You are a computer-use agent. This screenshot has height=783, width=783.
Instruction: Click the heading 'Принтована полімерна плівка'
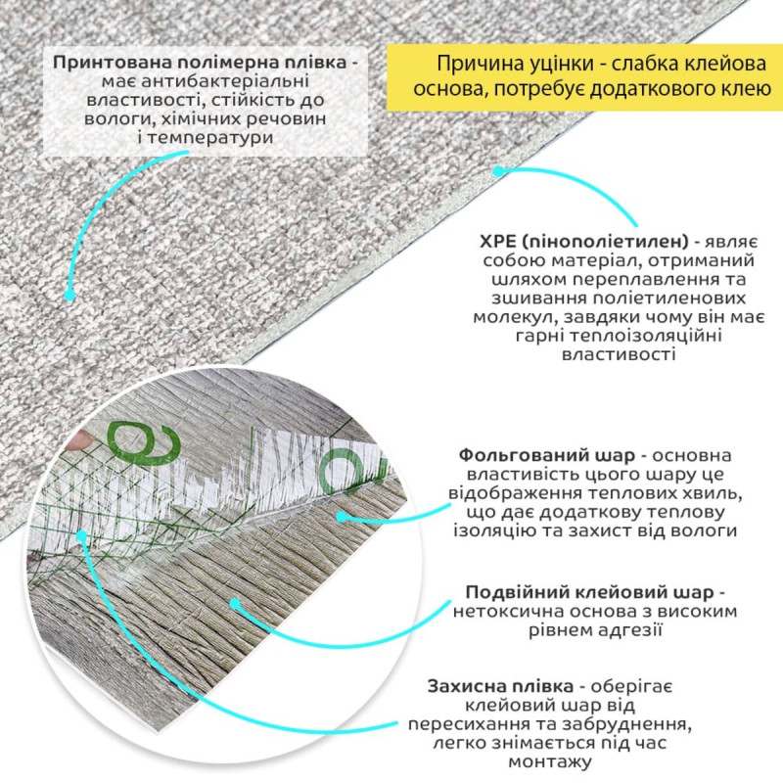[x=200, y=63]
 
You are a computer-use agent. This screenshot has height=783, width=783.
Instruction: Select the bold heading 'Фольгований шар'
[x=547, y=455]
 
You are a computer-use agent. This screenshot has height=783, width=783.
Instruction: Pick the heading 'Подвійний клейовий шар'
[x=590, y=592]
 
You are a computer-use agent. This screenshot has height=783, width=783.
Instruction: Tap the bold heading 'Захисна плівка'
[x=500, y=687]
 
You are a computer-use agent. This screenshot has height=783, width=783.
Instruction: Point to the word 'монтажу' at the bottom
[x=550, y=762]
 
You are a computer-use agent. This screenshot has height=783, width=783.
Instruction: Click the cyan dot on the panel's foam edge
[x=498, y=171]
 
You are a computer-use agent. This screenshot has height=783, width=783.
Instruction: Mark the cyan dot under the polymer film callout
[x=69, y=296]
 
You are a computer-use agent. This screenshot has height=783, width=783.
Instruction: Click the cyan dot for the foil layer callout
[x=342, y=517]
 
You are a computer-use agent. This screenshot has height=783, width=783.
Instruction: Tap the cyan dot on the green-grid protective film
[x=81, y=535]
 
